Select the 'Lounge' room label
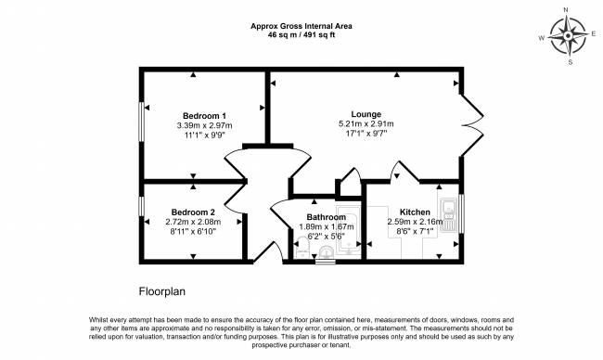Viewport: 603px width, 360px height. click(x=366, y=114)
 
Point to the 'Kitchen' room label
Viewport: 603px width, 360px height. click(x=415, y=211)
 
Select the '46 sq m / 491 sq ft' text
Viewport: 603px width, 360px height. click(x=301, y=34)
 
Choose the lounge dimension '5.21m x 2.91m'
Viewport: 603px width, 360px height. click(x=366, y=124)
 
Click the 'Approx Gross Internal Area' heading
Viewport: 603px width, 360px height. click(x=301, y=25)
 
